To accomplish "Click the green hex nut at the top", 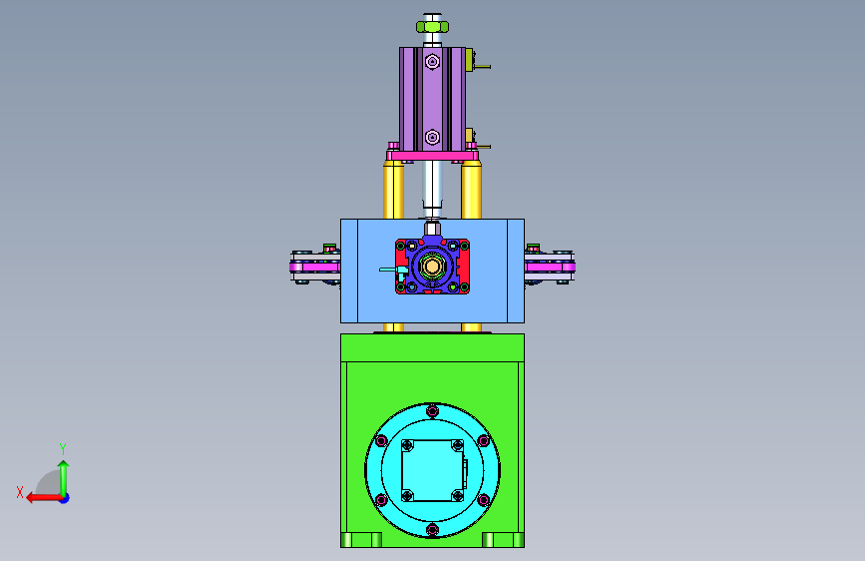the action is pyautogui.click(x=433, y=27).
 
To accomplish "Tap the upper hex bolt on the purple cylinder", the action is pyautogui.click(x=433, y=62).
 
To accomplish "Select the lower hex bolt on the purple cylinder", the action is pyautogui.click(x=433, y=137).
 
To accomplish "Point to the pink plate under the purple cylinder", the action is pyautogui.click(x=433, y=156).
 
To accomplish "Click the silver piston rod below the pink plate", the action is pyautogui.click(x=433, y=188).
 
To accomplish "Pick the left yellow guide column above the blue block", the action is pyautogui.click(x=393, y=190).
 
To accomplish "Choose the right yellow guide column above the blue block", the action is pyautogui.click(x=471, y=190).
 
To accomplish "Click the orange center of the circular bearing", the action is pyautogui.click(x=432, y=268).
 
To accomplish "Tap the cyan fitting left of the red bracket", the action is pyautogui.click(x=394, y=270).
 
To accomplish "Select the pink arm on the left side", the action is pyautogui.click(x=314, y=268).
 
